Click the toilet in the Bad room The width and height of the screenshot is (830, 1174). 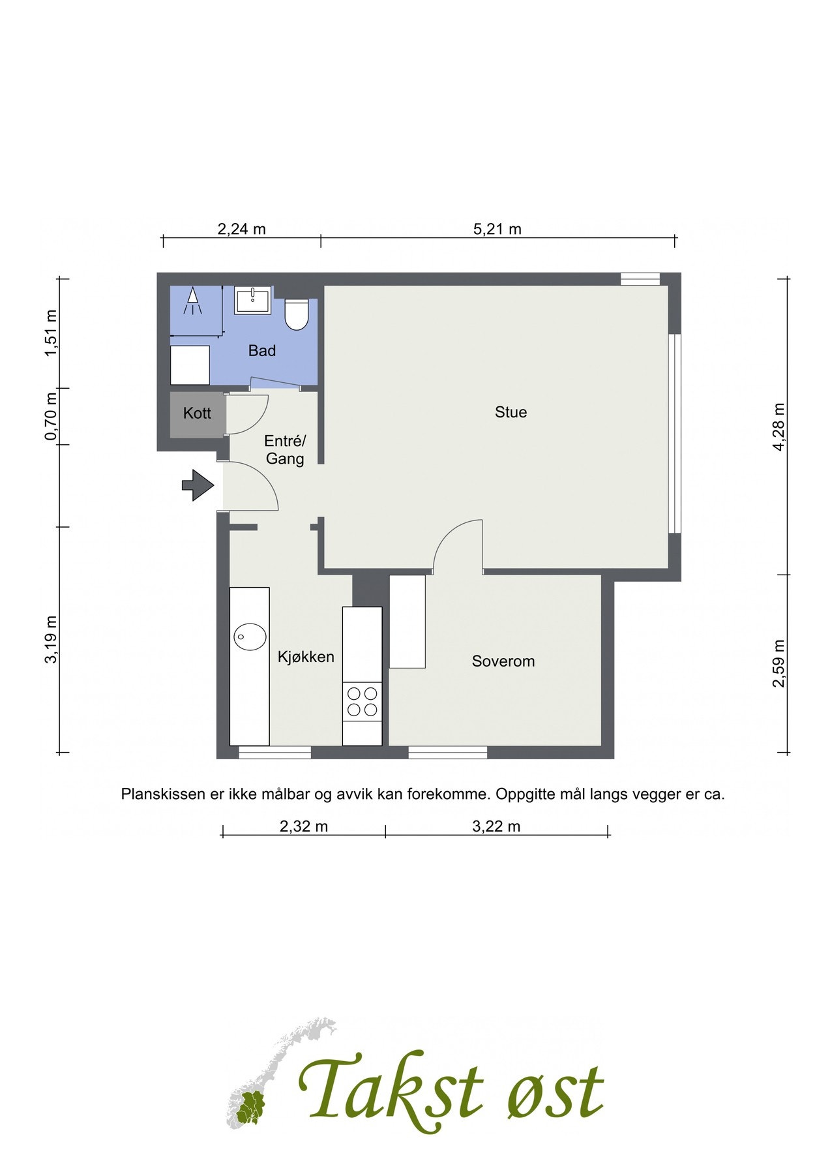297,314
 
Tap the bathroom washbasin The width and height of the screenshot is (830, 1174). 253,301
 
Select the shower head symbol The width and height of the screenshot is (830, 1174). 192,302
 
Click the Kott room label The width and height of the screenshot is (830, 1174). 197,413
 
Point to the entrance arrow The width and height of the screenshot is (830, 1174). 198,485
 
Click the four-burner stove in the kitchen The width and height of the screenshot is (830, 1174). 362,701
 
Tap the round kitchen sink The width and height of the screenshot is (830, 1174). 250,635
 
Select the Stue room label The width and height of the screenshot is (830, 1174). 511,412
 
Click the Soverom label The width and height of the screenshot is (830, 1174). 503,661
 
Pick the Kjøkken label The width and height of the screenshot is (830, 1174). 306,657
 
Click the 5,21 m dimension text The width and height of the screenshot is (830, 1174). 497,229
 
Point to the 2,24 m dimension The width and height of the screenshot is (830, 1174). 241,229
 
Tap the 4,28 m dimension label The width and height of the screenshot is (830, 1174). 778,427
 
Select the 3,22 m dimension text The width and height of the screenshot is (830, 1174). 496,827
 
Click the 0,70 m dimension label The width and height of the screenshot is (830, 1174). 51,416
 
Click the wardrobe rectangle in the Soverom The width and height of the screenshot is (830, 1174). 407,621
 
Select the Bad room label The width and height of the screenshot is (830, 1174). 262,351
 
